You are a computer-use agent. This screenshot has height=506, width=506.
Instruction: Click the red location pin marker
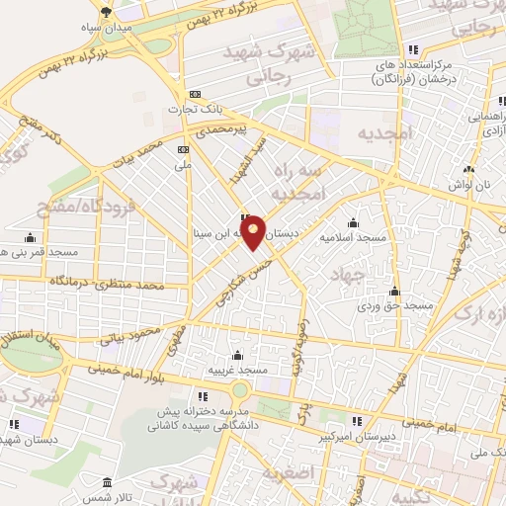(x=253, y=230)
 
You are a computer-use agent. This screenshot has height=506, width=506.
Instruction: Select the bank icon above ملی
(x=182, y=148)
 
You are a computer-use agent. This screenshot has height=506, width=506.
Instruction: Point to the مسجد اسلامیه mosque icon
(x=353, y=223)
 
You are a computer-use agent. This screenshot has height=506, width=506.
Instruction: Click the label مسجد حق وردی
(x=396, y=306)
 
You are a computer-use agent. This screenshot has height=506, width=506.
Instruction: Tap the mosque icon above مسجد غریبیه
(x=236, y=355)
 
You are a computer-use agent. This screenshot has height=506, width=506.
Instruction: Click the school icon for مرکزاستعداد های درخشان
(x=413, y=48)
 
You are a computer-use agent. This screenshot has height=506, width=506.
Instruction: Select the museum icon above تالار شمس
(x=107, y=481)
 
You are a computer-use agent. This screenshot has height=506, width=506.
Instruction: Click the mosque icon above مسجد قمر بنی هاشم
(x=30, y=237)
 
